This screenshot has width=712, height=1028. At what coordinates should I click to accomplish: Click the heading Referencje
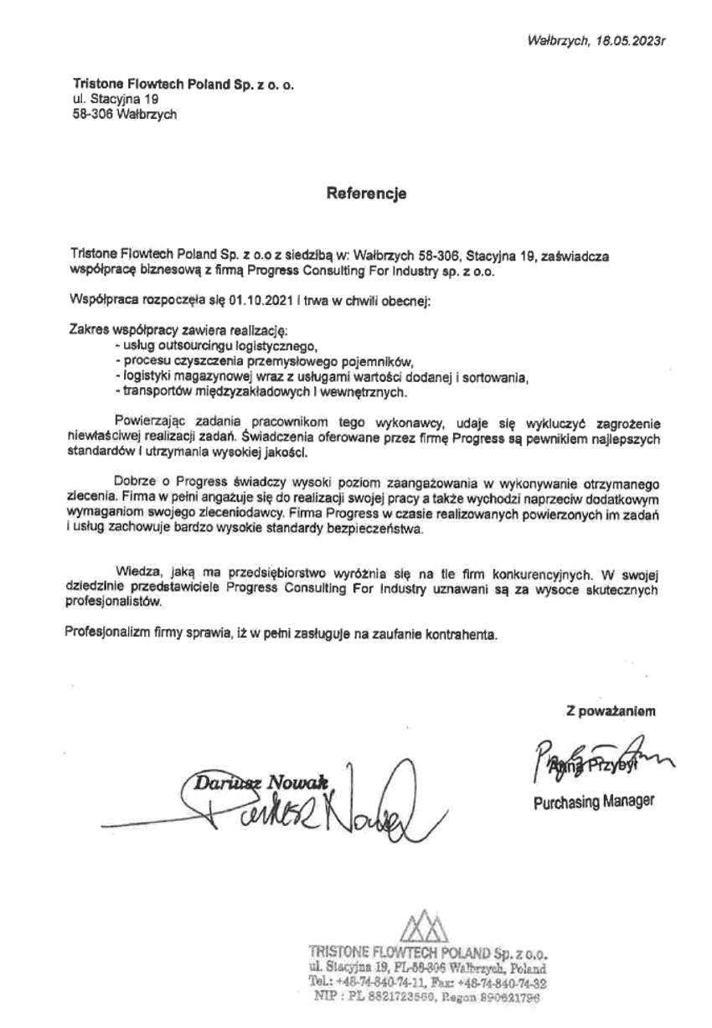(366, 194)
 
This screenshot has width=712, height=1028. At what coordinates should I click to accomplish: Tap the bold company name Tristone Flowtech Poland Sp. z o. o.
(183, 85)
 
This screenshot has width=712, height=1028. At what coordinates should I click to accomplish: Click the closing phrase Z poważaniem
(611, 712)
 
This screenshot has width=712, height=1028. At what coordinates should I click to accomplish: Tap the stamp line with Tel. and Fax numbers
(427, 981)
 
